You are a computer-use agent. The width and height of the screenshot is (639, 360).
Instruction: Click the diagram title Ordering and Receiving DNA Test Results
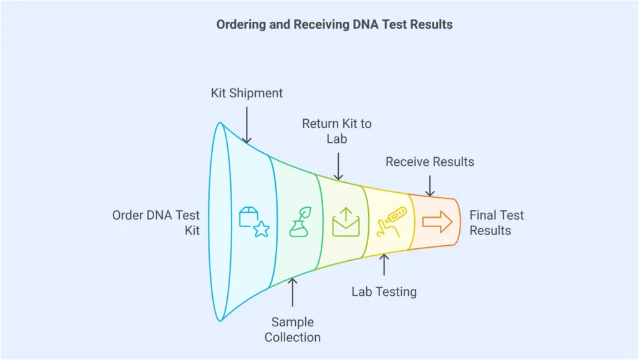[x=334, y=25]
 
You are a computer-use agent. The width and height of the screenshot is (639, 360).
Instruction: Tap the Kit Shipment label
[x=246, y=93]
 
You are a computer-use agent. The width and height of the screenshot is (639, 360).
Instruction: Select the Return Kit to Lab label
[x=336, y=131]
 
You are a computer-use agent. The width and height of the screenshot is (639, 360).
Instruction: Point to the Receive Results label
[x=429, y=162]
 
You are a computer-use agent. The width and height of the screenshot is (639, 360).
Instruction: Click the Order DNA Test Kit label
[x=156, y=223]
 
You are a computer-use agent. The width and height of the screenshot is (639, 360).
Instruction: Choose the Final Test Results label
[x=497, y=223]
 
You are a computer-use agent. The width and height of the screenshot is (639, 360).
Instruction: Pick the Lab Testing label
[x=384, y=291]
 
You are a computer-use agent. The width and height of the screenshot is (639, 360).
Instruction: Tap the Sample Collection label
[x=292, y=329]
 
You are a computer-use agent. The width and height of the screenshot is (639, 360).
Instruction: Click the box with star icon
[x=253, y=221]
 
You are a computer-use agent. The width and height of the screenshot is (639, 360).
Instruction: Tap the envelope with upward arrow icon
[x=346, y=221]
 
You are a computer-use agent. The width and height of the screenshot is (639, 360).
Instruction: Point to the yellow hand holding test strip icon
[x=391, y=221]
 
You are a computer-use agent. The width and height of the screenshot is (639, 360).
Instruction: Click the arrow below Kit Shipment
[x=246, y=124]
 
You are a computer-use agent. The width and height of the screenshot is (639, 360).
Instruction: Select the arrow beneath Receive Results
[x=429, y=186]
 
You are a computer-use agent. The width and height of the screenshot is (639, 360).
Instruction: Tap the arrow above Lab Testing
[x=384, y=265]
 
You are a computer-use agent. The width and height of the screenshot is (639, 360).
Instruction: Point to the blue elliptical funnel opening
[x=220, y=221]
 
